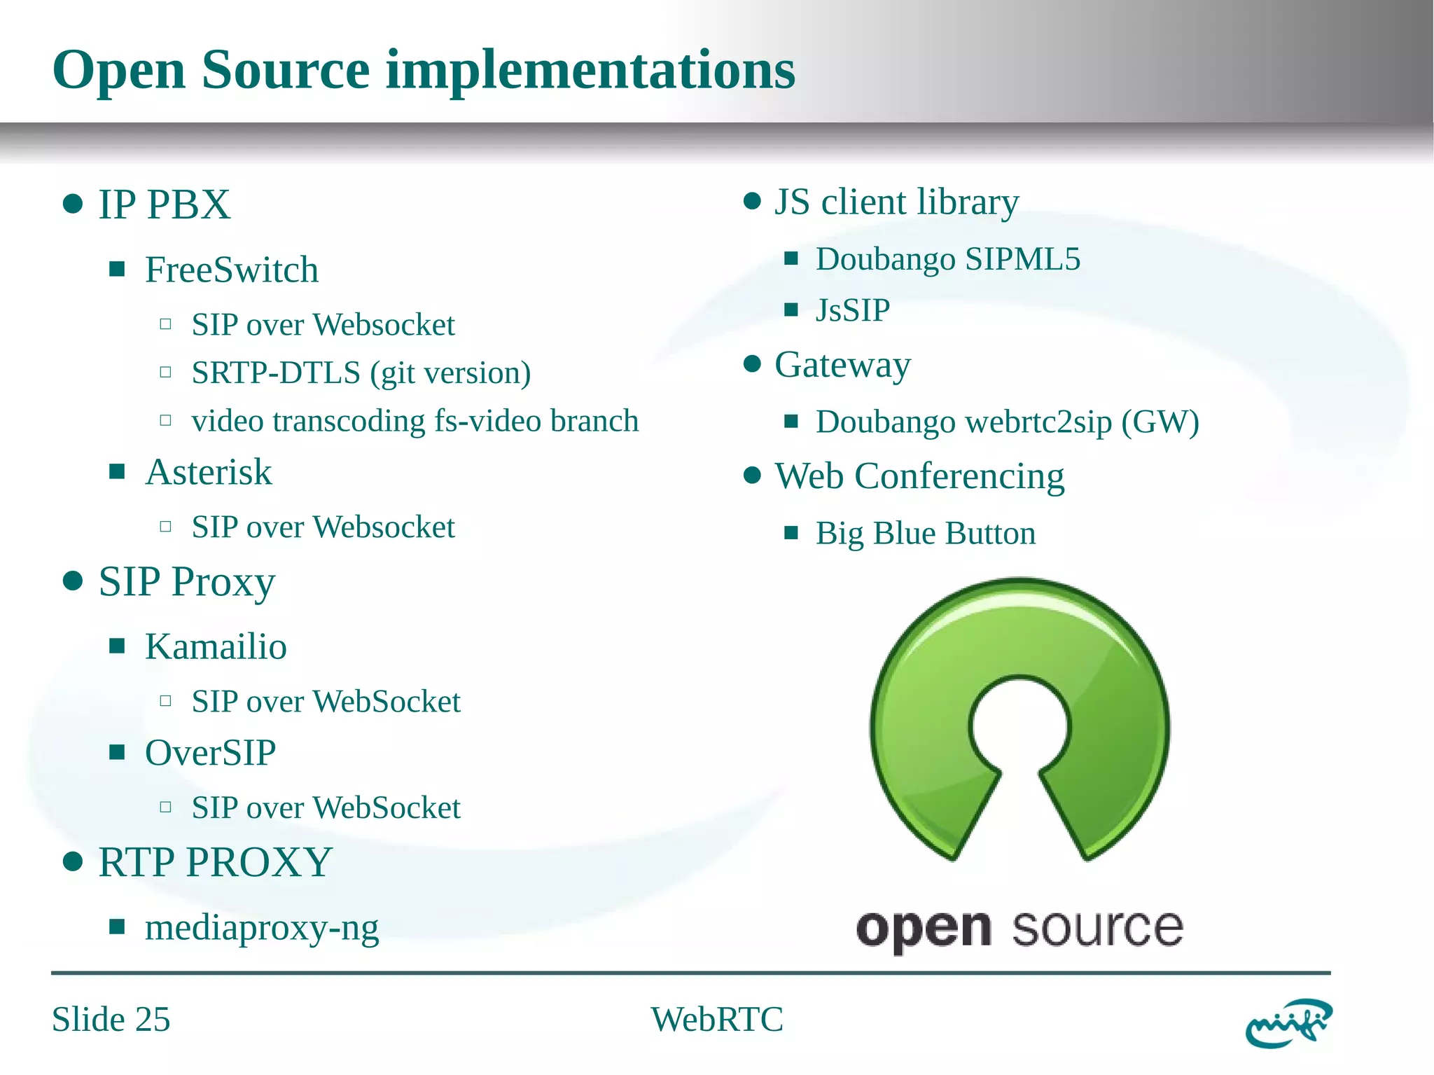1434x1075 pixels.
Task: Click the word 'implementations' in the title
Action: (x=590, y=70)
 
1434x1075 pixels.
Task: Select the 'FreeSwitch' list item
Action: (x=231, y=270)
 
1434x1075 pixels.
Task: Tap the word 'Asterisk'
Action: (x=208, y=472)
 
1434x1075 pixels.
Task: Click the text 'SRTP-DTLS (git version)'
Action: (x=361, y=373)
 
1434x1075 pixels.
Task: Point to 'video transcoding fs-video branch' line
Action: (x=415, y=421)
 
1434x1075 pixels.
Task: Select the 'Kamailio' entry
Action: (x=216, y=646)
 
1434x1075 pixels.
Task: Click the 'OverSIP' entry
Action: (x=210, y=753)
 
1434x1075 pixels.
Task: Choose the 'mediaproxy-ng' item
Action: (x=261, y=927)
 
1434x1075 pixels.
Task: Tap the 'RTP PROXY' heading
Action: (x=215, y=862)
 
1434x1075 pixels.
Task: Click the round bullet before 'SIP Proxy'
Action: (x=73, y=581)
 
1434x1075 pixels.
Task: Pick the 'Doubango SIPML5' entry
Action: (x=947, y=259)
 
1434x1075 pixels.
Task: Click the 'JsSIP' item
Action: (x=852, y=310)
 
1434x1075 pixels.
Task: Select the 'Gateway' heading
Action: (x=842, y=365)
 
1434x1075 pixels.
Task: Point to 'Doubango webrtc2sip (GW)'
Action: (x=1007, y=422)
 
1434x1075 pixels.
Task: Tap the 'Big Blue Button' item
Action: (x=925, y=534)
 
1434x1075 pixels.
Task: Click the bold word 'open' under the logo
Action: (x=923, y=930)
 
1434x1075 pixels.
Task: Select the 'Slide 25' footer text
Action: (x=111, y=1019)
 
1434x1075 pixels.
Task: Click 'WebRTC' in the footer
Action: (x=716, y=1019)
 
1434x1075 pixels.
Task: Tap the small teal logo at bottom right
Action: (x=1288, y=1023)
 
